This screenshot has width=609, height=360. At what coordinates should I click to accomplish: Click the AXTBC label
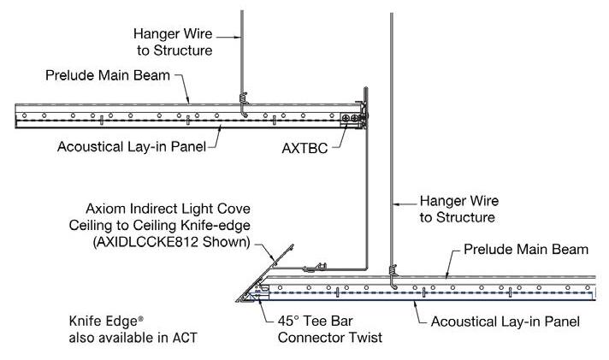(x=305, y=147)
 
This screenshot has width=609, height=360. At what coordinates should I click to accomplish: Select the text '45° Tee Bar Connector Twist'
(x=324, y=329)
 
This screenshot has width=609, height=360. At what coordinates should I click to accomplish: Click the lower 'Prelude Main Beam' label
(x=525, y=250)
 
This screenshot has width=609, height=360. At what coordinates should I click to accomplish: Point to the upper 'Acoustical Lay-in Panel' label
(x=132, y=146)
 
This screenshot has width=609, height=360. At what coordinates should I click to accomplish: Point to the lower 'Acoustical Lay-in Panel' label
(x=505, y=322)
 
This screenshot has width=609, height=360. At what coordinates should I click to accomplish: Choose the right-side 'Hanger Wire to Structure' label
(x=457, y=210)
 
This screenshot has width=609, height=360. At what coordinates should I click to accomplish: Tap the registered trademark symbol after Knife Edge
(x=141, y=318)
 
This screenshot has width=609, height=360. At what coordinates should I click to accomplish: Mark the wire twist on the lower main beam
(x=393, y=274)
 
